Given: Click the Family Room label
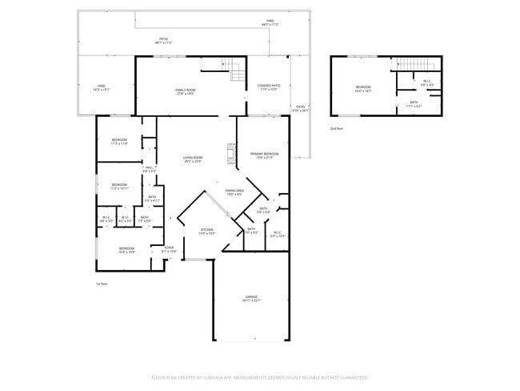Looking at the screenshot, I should tap(185, 91).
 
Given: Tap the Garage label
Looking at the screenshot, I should tap(252, 299).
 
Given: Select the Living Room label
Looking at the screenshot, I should tap(193, 159).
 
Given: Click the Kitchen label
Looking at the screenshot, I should tap(206, 232).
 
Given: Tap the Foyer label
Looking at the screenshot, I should tap(170, 249).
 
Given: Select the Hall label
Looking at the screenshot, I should tap(150, 169).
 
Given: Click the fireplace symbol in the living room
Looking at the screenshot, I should tap(232, 153).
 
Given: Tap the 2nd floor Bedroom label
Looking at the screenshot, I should tap(363, 88).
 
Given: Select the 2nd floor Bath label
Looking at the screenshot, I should tap(414, 103).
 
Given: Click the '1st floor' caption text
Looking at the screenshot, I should tap(101, 284).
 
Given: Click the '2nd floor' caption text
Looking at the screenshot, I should tap(336, 128).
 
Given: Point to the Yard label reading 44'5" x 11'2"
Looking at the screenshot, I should tap(270, 23).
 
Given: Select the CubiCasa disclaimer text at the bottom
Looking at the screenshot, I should tap(259, 376).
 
